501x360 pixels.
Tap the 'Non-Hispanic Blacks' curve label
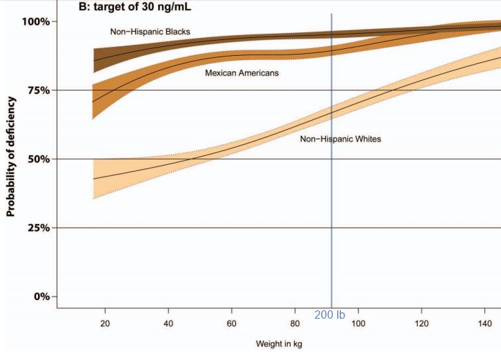tap(150, 32)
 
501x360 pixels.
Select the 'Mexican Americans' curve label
tap(242, 72)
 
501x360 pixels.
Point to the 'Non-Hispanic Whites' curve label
tap(340, 139)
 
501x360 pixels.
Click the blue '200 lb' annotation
tap(329, 315)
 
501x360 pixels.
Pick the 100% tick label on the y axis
tap(35, 21)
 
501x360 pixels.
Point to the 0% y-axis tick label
tap(40, 297)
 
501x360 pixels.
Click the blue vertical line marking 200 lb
tap(332, 207)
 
